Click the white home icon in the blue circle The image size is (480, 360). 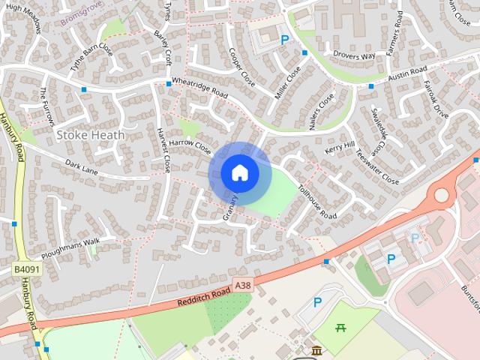pyautogui.click(x=240, y=173)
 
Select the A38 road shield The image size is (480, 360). pyautogui.click(x=242, y=286)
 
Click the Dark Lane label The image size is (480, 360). pyautogui.click(x=81, y=166)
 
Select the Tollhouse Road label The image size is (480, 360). pyautogui.click(x=317, y=202)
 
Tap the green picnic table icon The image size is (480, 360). pyautogui.click(x=340, y=327)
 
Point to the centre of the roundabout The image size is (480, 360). pyautogui.click(x=441, y=196)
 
